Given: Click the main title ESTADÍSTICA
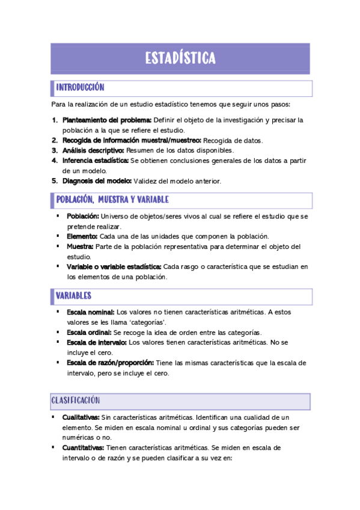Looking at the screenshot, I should (x=180, y=58).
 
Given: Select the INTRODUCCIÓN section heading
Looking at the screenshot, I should (x=80, y=88).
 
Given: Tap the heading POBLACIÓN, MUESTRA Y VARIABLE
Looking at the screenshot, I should (x=112, y=200).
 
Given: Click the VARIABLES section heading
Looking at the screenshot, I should (x=73, y=296).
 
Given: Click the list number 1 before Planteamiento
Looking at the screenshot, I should (x=54, y=120).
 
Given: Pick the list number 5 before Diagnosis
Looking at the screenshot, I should (x=54, y=181).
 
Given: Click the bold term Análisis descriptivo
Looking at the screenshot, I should (x=93, y=150).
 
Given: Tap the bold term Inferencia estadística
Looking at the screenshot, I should (x=96, y=161).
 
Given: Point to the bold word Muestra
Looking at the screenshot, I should (x=80, y=247).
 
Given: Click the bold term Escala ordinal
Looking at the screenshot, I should (x=89, y=333).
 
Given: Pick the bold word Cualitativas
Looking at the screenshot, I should (x=81, y=417).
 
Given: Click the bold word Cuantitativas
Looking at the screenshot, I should (x=83, y=448).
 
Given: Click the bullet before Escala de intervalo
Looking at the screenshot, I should (x=58, y=342).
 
